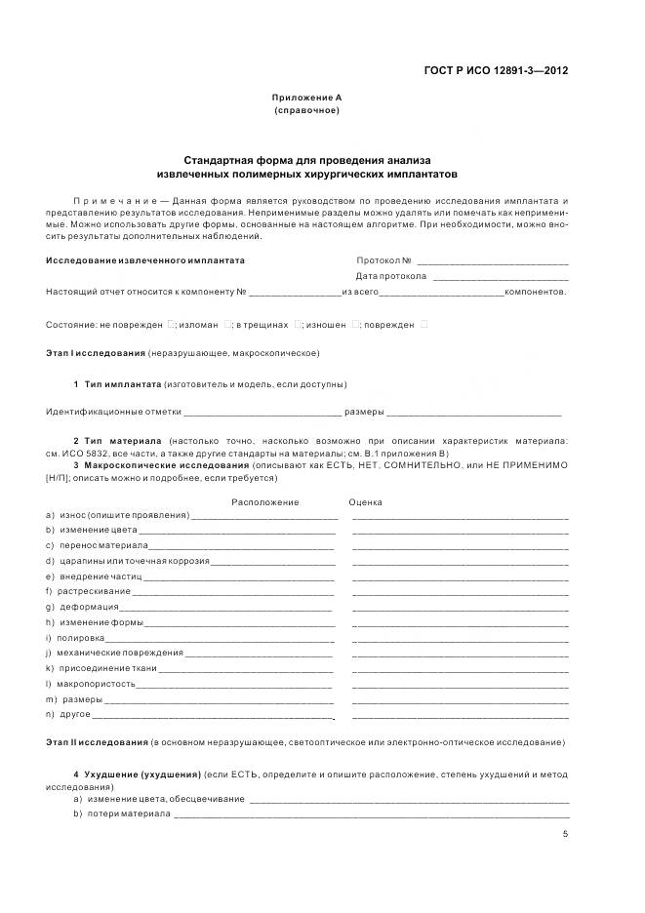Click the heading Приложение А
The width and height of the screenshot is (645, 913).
pyautogui.click(x=306, y=98)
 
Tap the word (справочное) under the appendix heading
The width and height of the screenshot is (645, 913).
pyautogui.click(x=306, y=110)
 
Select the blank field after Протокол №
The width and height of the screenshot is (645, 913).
pyautogui.click(x=493, y=261)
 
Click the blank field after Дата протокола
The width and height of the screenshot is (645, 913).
pyautogui.click(x=500, y=277)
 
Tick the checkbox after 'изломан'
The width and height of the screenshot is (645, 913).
pyautogui.click(x=227, y=324)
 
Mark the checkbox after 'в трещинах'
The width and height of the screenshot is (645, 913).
pyautogui.click(x=299, y=324)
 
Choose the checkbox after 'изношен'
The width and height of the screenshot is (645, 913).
pyautogui.click(x=356, y=324)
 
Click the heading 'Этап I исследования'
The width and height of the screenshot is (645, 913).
pyautogui.click(x=96, y=352)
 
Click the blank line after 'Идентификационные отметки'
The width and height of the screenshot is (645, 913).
pyautogui.click(x=262, y=412)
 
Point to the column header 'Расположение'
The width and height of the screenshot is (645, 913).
pyautogui.click(x=264, y=502)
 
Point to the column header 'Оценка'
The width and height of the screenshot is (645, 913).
pyautogui.click(x=365, y=502)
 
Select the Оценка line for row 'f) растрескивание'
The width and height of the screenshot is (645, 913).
pyautogui.click(x=460, y=591)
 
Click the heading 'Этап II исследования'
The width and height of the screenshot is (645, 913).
pyautogui.click(x=97, y=743)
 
